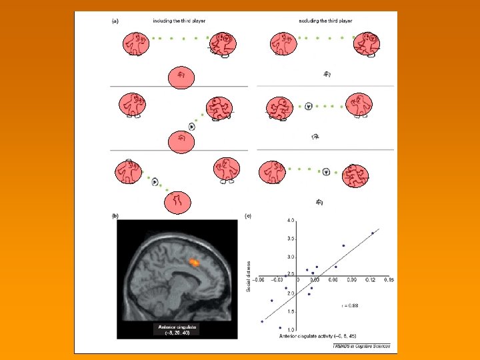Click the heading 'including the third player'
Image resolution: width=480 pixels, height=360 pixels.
tap(178, 21)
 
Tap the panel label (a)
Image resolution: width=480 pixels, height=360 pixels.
tap(115, 21)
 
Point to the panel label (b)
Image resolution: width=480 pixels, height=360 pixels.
tap(115, 215)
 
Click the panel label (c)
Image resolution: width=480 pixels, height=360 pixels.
tap(248, 215)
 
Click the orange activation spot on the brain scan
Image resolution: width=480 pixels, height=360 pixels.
tap(193, 263)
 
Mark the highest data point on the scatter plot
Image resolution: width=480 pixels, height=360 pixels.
tap(372, 233)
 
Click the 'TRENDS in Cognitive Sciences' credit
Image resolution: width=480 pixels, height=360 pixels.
tap(360, 347)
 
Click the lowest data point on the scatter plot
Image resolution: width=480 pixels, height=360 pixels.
tap(280, 328)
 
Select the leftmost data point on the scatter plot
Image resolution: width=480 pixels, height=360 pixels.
tap(262, 321)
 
